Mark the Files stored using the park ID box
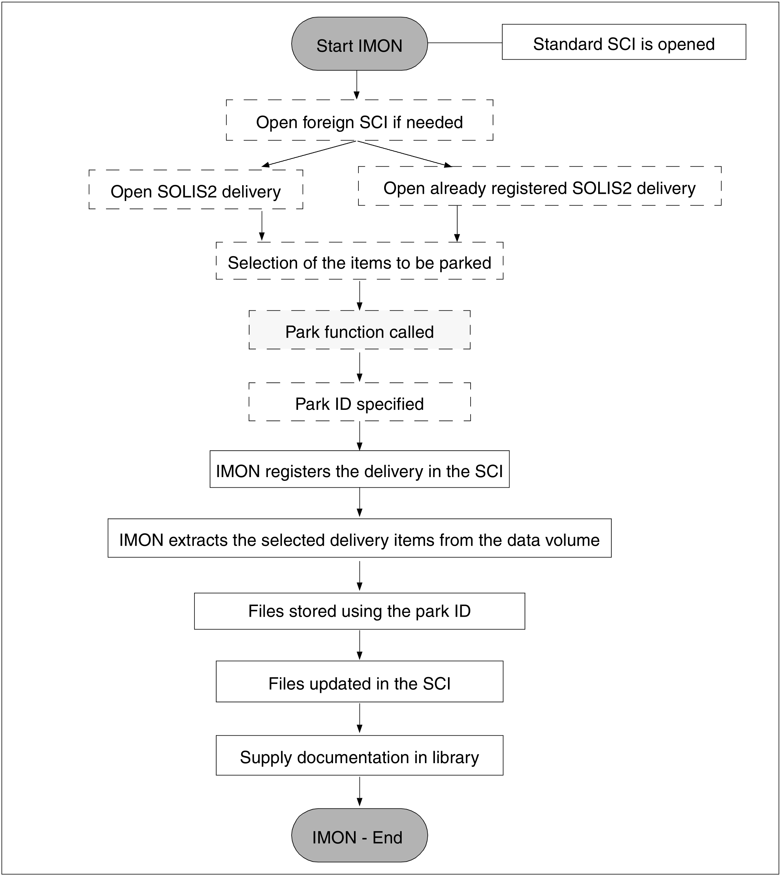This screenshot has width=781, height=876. pyautogui.click(x=359, y=611)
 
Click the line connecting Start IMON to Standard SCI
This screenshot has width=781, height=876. pyautogui.click(x=465, y=43)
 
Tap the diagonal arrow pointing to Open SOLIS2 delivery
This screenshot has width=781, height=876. pyautogui.click(x=309, y=153)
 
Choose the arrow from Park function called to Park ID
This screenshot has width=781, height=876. pyautogui.click(x=359, y=366)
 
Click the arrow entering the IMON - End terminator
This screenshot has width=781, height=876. pyautogui.click(x=359, y=792)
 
